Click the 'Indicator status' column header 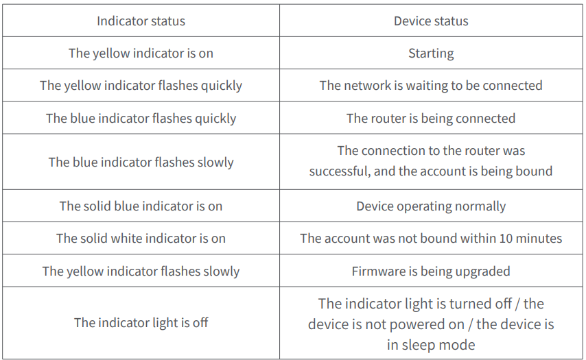tap(141, 21)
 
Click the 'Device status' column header tap(431, 21)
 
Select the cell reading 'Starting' tap(431, 53)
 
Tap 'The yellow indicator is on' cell tap(141, 53)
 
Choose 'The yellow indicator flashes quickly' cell tap(141, 86)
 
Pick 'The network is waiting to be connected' tap(431, 86)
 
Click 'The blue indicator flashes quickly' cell tap(141, 118)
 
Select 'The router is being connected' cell tap(431, 118)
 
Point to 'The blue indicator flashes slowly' tap(141, 162)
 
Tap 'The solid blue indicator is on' tap(141, 206)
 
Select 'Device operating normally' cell tap(431, 206)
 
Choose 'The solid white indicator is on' tap(141, 239)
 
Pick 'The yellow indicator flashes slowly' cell tap(141, 271)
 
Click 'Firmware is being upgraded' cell tap(431, 271)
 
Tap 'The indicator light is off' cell tap(141, 322)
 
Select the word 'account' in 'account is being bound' tap(448, 171)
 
